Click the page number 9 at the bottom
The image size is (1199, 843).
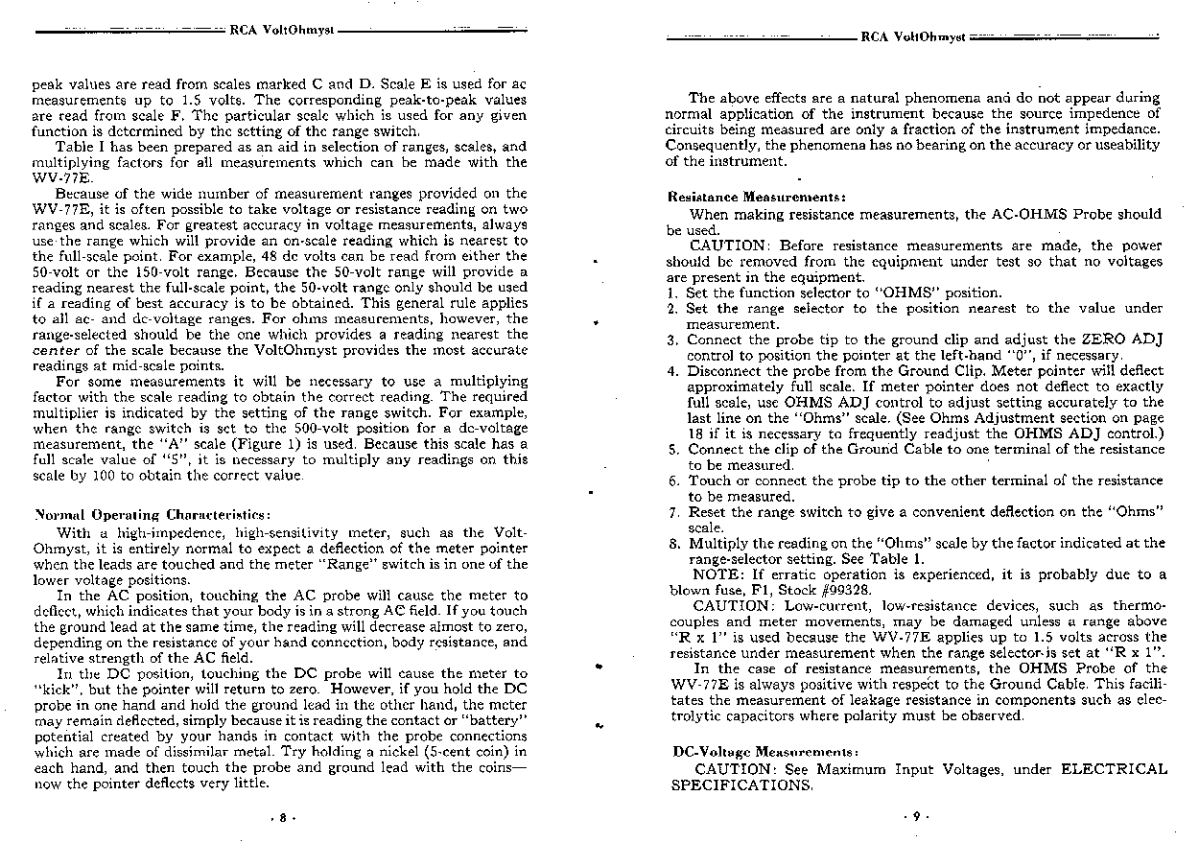(914, 817)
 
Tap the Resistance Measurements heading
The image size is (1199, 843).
(756, 197)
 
